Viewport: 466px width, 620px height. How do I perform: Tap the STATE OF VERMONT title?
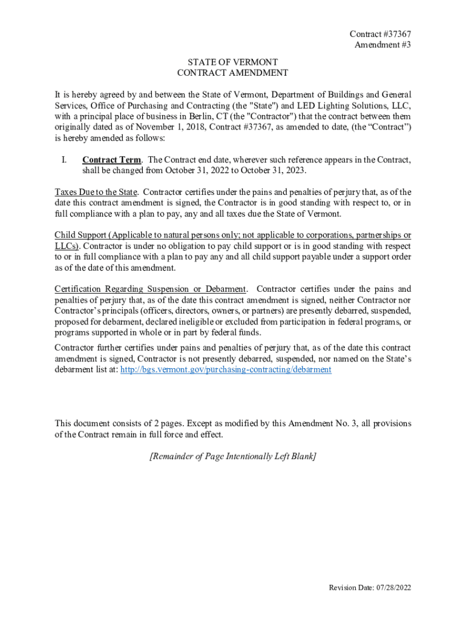pos(232,62)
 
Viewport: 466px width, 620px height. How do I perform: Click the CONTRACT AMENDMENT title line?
pos(232,73)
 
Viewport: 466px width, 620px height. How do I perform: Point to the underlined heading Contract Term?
pos(112,160)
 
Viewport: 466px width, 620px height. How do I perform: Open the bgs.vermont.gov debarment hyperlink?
pos(226,369)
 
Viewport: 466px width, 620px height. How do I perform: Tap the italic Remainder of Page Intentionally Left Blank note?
pos(232,457)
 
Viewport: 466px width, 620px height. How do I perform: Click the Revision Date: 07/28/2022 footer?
pos(370,588)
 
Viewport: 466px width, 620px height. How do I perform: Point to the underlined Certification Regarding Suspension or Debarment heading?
pos(150,289)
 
